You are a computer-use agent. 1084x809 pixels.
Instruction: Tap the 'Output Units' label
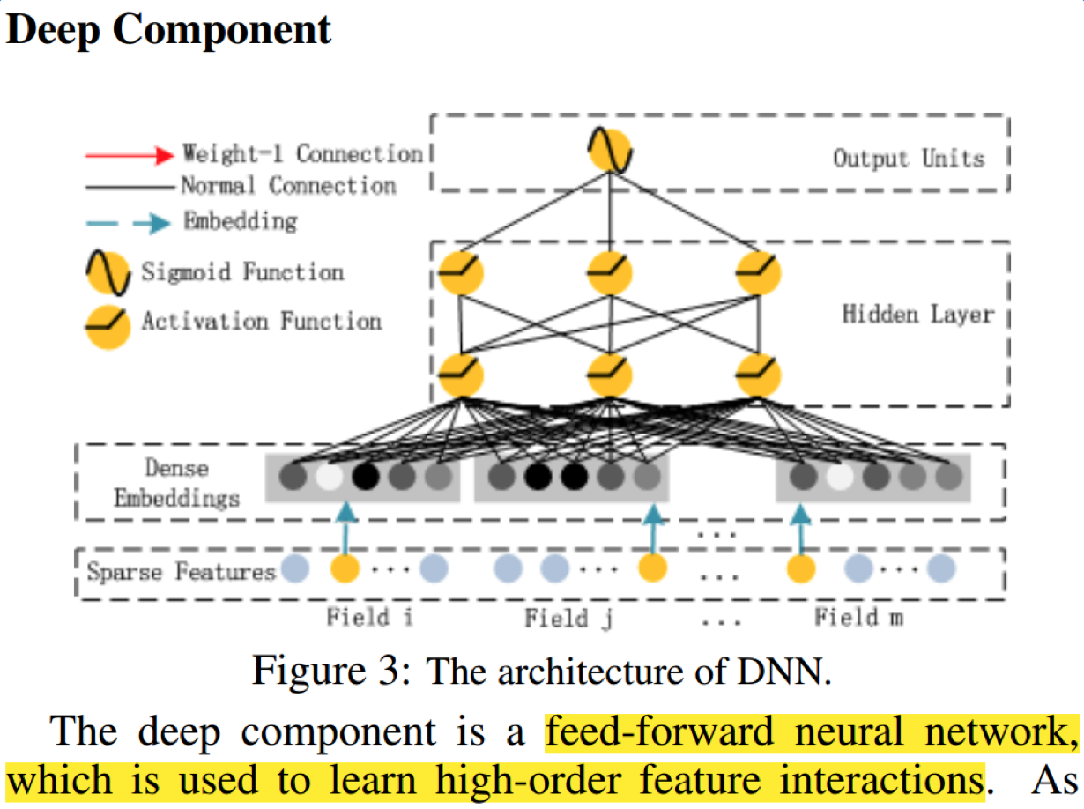pos(909,159)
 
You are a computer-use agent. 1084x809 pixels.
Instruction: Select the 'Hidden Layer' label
pos(918,315)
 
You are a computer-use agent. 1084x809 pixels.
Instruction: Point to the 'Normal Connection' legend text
pos(287,186)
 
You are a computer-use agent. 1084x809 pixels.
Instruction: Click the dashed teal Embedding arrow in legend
pos(129,223)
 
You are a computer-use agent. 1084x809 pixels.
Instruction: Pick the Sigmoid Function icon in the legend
pos(108,272)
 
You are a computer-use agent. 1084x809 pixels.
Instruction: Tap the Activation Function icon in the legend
pos(108,325)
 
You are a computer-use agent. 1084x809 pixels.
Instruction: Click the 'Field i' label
pos(369,616)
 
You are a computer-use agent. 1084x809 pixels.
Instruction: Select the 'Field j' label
pos(568,618)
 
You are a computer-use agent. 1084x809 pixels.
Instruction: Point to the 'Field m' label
pos(858,616)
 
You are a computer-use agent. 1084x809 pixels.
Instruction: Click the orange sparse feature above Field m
pos(800,568)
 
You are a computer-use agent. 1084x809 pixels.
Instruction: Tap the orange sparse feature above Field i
pos(345,568)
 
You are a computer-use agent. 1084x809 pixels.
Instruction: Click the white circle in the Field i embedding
pos(329,478)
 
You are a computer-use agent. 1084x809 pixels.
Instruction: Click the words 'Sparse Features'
pos(182,572)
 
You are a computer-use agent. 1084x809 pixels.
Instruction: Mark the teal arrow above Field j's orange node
pos(652,527)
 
